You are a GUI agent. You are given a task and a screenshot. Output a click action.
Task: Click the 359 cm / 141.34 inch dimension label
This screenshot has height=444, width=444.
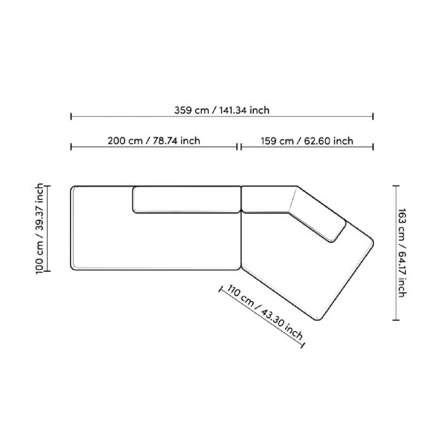pos(222,110)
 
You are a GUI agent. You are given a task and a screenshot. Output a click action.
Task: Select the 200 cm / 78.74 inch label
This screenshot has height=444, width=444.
pos(154,141)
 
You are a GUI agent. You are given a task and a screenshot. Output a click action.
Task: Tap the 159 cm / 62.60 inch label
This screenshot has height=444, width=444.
pos(307,141)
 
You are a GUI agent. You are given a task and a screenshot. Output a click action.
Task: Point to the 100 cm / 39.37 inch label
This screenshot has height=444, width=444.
pos(39,229)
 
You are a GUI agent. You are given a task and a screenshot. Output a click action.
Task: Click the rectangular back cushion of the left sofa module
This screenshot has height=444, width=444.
pos(186,200)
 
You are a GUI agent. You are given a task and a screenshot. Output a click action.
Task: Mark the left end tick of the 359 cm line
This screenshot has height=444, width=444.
pos(71,116)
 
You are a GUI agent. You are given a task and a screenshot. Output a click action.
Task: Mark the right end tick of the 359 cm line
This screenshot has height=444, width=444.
pos(373,116)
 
